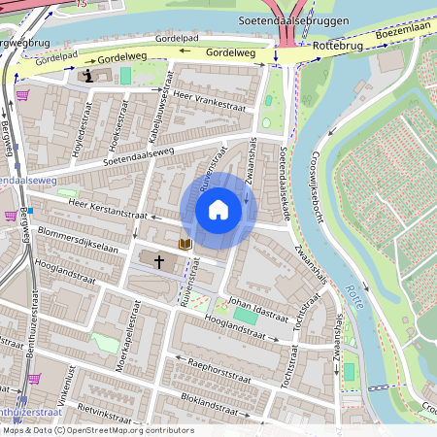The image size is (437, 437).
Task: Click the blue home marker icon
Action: pos(218,209)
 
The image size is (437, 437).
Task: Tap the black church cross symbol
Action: pos(158,261)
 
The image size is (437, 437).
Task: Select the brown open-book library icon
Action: pos(185,243)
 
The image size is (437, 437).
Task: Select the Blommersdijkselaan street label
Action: pos(77,241)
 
